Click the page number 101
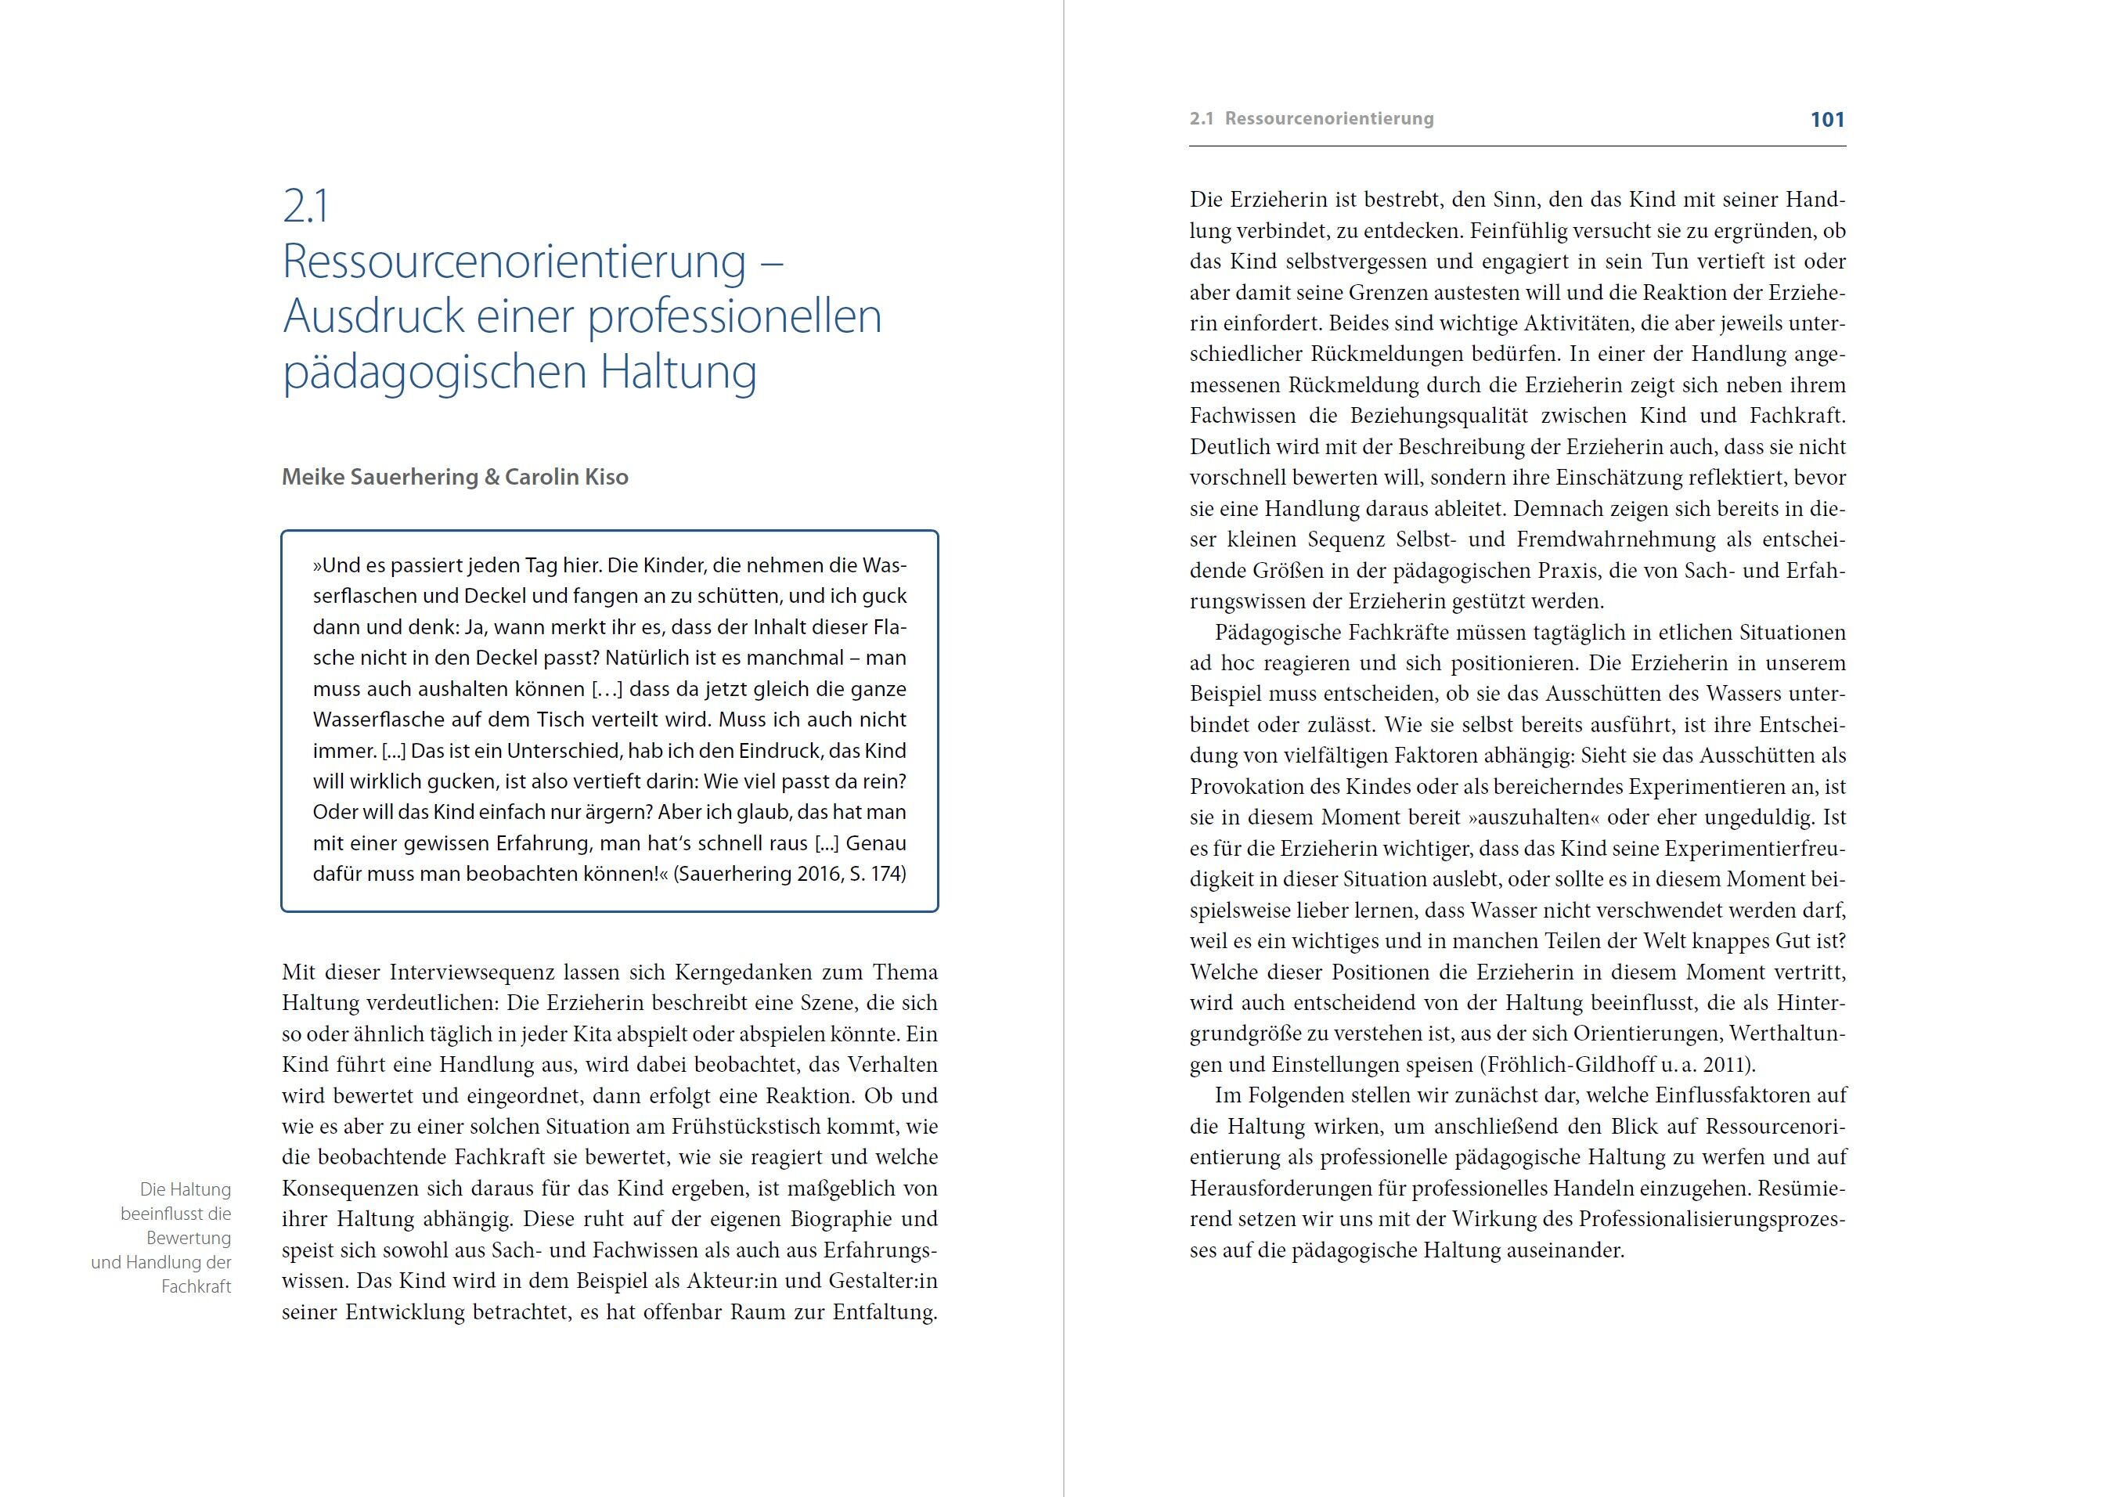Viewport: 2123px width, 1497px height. (x=1826, y=119)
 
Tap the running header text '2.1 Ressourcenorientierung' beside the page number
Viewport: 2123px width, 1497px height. (x=1311, y=118)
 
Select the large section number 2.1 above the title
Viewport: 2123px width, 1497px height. (x=305, y=206)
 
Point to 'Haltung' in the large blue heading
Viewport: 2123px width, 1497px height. (x=678, y=372)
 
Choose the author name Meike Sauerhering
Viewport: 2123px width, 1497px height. (x=379, y=477)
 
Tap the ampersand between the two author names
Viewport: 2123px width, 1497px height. (x=491, y=477)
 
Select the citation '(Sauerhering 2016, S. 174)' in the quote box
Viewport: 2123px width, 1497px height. (x=790, y=874)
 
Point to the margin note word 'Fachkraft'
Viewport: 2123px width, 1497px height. (x=196, y=1286)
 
